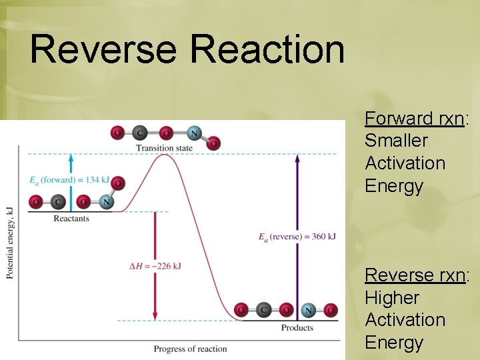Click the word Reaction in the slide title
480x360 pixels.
point(267,50)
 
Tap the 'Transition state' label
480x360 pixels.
point(164,148)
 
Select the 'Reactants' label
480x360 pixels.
point(71,219)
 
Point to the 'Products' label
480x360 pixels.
point(297,327)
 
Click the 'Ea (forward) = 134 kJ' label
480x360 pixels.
point(69,180)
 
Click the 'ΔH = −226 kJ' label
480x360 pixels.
point(155,266)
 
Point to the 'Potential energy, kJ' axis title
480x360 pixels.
point(9,243)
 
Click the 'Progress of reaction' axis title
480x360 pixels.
point(190,349)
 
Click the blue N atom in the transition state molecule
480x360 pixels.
point(194,133)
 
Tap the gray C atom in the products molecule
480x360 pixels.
point(264,310)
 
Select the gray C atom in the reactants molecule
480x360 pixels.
point(58,201)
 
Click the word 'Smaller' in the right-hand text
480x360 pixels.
point(396,141)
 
